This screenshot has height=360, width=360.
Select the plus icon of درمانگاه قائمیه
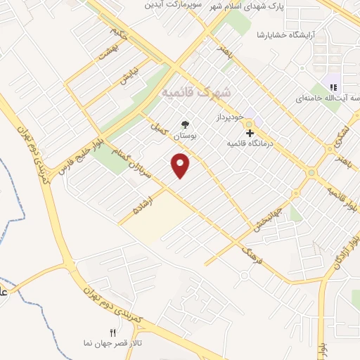click(250, 132)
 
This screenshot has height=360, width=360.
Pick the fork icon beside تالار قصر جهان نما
click(110, 333)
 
